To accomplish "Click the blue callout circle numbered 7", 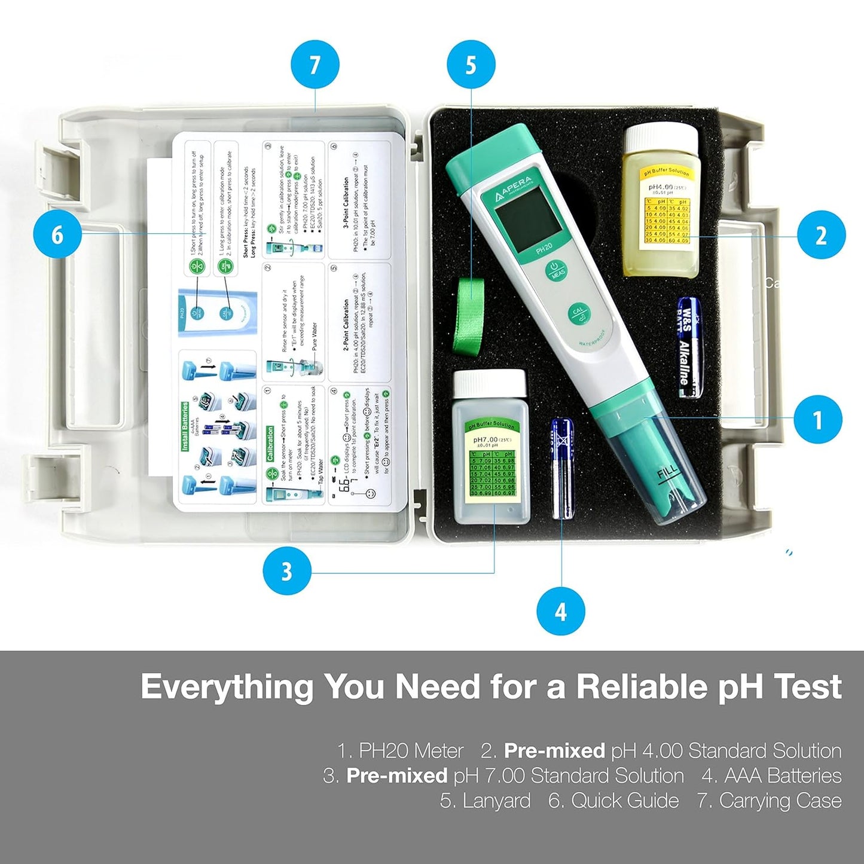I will click(x=315, y=65).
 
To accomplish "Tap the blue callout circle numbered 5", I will click(x=471, y=65).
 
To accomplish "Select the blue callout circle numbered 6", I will click(x=57, y=234).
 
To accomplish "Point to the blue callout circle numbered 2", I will click(x=821, y=235).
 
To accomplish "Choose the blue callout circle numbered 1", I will click(x=817, y=419).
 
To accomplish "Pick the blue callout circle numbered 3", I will click(x=287, y=571).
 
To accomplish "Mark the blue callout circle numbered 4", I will click(x=560, y=611).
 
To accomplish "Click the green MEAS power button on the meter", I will click(x=556, y=270).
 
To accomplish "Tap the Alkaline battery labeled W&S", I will click(x=689, y=348).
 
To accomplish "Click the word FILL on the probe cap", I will click(x=667, y=474).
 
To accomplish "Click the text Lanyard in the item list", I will click(x=485, y=801).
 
